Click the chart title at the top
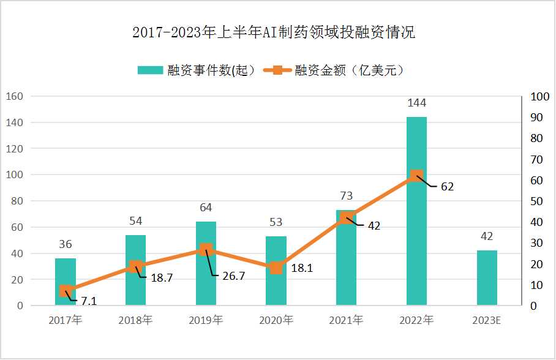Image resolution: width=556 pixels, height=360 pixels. pos(274,32)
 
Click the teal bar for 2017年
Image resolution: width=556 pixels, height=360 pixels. pos(66,282)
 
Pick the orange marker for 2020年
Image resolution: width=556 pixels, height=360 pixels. pos(276,268)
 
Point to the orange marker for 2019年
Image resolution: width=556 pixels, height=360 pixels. pos(206,249)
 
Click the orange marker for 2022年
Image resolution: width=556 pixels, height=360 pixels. pos(416,176)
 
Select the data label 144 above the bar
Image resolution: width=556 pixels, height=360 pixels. pos(416,103)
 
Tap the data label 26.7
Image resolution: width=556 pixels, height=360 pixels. pos(233,276)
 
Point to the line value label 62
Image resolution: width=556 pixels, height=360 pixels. pos(447,187)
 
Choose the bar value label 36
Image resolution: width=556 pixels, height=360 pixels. pos(66,244)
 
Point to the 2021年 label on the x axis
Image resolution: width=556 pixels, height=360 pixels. pos(346,320)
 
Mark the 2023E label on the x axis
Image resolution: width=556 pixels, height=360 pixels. pos(487,320)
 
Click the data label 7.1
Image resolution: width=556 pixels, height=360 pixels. pos(89,301)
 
